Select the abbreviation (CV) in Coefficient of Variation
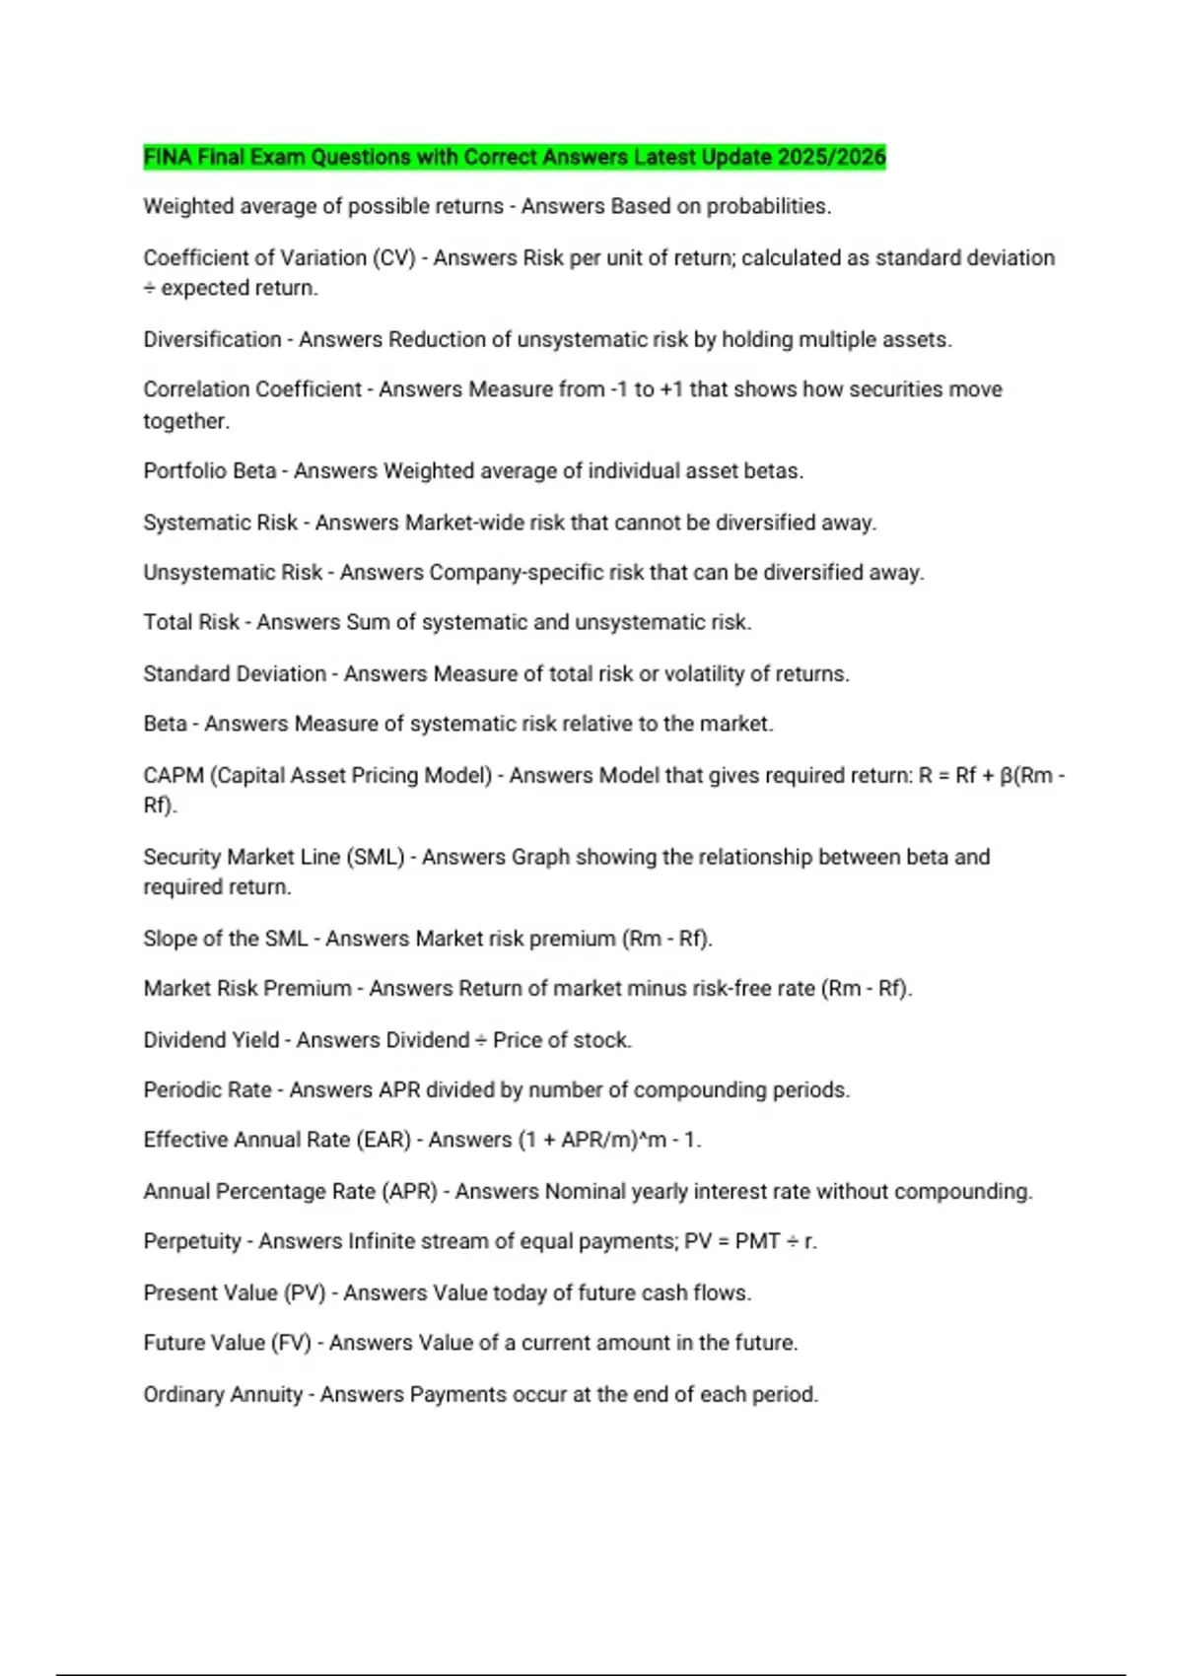(393, 257)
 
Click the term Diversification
(212, 339)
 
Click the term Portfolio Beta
(209, 471)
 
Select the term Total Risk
(191, 622)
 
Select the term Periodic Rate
(207, 1089)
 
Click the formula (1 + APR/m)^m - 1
(609, 1140)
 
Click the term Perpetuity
(192, 1241)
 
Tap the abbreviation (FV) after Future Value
(291, 1343)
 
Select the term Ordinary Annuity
(223, 1394)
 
